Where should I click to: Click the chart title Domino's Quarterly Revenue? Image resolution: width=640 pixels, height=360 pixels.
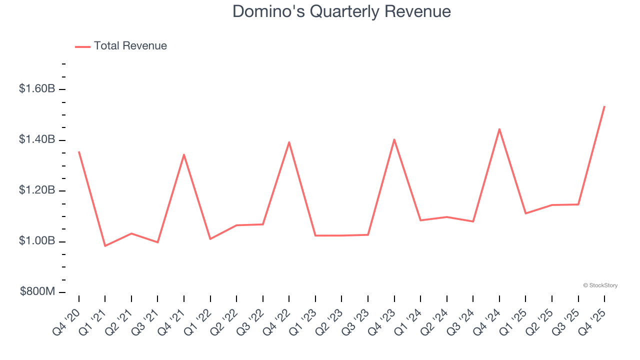click(x=341, y=11)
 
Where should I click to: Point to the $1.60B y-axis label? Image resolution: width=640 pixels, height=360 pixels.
click(x=37, y=89)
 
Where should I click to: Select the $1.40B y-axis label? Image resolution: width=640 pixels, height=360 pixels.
click(x=37, y=139)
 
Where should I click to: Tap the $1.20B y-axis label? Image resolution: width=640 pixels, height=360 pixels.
click(x=37, y=190)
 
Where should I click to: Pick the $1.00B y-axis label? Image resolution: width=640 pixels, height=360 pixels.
click(x=37, y=241)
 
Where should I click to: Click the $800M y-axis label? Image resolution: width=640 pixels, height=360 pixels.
click(x=38, y=291)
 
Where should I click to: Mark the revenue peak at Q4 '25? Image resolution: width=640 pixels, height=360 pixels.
click(x=604, y=106)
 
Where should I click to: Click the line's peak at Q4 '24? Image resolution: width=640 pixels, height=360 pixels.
click(x=499, y=129)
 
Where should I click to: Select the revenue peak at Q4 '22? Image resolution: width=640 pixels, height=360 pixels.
click(x=289, y=142)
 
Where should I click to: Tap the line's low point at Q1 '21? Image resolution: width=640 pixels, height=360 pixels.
click(x=105, y=246)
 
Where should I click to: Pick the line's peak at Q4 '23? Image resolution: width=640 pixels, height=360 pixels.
click(x=394, y=139)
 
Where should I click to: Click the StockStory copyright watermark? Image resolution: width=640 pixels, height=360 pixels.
click(x=600, y=285)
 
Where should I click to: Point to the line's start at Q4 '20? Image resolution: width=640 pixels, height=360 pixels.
click(x=79, y=151)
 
